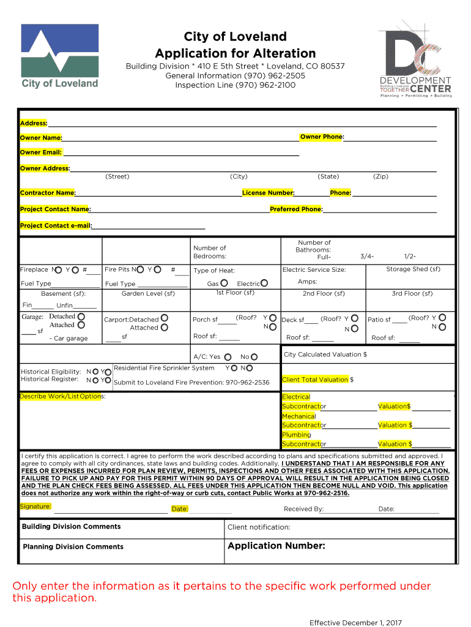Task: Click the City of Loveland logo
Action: [x=59, y=56]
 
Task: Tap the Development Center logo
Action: [x=416, y=61]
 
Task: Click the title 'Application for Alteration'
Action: [x=236, y=53]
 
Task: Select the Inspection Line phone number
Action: [x=236, y=85]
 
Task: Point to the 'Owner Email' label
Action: [x=41, y=152]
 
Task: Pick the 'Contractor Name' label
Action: [x=48, y=193]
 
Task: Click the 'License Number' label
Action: [x=268, y=193]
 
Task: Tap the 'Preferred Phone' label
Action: [x=296, y=209]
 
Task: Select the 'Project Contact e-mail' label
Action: [x=56, y=226]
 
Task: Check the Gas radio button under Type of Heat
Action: [x=224, y=283]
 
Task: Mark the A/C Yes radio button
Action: [x=228, y=357]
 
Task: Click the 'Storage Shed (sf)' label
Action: [x=413, y=269]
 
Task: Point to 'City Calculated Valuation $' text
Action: [x=325, y=355]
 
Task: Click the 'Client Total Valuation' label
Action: [x=315, y=380]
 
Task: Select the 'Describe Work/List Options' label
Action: [x=61, y=397]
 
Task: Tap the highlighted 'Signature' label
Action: [x=35, y=507]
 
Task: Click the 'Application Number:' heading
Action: [x=276, y=546]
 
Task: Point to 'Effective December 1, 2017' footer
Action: [x=355, y=623]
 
